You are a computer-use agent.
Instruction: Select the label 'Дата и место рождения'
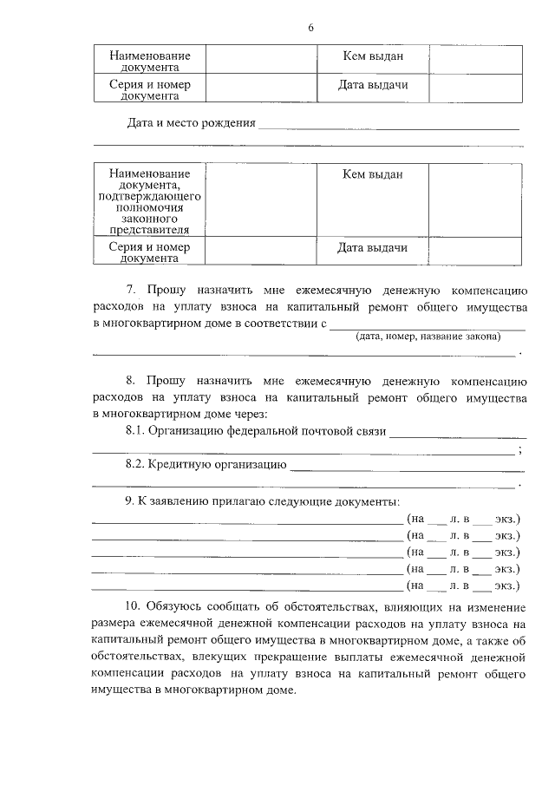click(191, 122)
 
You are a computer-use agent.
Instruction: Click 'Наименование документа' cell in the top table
click(149, 61)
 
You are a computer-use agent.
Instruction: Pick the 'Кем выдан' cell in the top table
click(373, 56)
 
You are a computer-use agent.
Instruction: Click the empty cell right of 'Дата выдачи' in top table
click(475, 87)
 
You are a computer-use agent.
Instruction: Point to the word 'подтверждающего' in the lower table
click(149, 197)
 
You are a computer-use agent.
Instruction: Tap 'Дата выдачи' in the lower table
click(373, 248)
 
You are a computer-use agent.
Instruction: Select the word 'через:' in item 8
click(251, 414)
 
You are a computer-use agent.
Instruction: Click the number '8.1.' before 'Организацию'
click(135, 430)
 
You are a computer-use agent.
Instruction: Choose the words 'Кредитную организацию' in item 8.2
click(217, 463)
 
